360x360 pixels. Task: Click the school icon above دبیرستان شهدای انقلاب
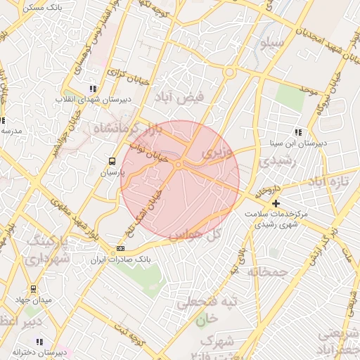click(92, 89)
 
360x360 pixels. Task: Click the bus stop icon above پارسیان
click(112, 161)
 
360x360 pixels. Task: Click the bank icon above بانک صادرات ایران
click(121, 248)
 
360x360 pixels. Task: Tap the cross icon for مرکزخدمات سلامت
click(275, 203)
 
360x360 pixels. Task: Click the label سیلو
click(271, 44)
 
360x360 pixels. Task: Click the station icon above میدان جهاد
click(32, 289)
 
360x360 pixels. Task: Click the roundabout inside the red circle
click(179, 165)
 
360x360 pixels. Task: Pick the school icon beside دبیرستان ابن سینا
click(299, 131)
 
